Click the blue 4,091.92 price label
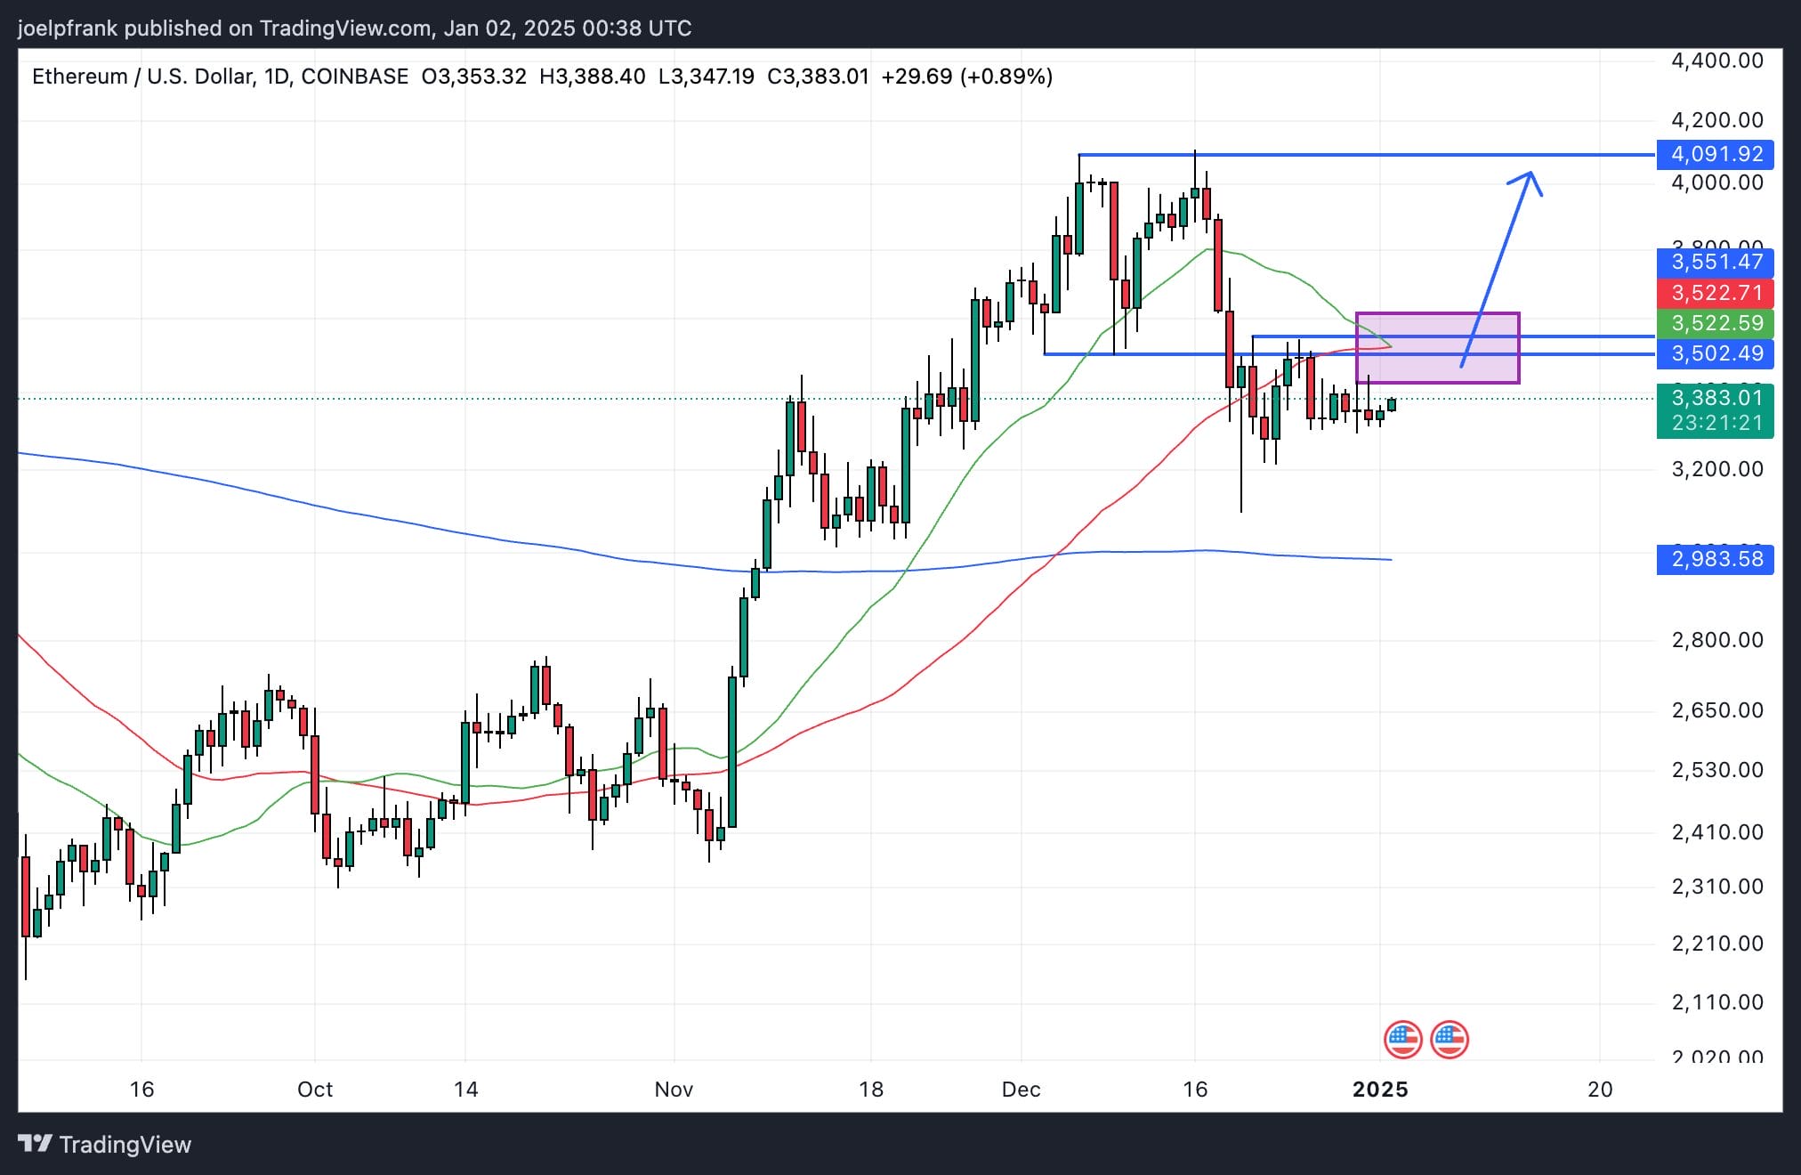1715,154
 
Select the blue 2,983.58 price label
1715,559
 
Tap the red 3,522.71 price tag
1715,293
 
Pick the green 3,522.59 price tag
1715,323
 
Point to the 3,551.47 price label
1715,262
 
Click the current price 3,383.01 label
1715,398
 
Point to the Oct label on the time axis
315,1090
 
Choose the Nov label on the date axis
674,1090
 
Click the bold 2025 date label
1380,1090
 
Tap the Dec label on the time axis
1021,1090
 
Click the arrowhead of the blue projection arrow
1530,175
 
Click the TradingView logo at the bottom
105,1145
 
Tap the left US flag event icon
1402,1039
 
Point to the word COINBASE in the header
354,77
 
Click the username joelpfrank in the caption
68,28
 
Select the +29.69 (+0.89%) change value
966,77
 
